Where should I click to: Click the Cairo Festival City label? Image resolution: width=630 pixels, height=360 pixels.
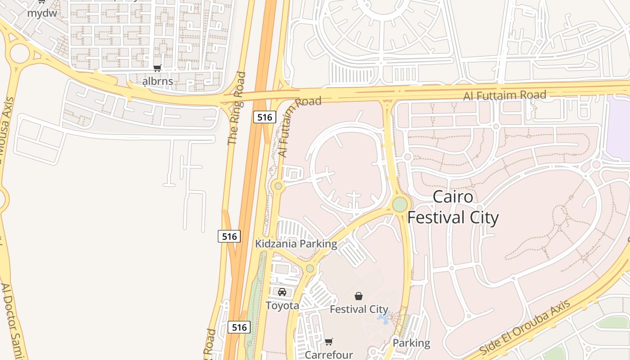point(453,207)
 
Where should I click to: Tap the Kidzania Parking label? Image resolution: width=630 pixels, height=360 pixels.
point(296,244)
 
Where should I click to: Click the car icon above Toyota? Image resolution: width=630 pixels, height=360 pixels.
point(282,292)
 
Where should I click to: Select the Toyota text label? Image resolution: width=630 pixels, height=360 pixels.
point(282,306)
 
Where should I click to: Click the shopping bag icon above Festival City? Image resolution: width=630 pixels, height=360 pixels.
point(359,296)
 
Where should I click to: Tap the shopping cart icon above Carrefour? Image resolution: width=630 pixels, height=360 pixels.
point(329,342)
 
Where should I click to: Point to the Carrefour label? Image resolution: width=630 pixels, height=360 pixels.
point(329,355)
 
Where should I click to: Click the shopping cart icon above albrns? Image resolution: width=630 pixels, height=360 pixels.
point(157,68)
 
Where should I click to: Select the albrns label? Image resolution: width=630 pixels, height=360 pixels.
point(157,81)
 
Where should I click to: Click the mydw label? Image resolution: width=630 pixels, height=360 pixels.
point(42,13)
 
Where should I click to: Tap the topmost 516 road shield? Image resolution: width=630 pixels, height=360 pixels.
point(264,117)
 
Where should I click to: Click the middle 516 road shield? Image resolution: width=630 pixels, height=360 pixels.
point(229,236)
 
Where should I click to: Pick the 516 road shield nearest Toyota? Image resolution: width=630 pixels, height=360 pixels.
point(239,327)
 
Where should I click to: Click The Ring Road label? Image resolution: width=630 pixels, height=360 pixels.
point(237,108)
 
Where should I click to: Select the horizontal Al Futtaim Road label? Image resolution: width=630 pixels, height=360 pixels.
point(505,95)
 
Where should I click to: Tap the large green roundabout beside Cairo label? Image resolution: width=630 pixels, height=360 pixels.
point(400,204)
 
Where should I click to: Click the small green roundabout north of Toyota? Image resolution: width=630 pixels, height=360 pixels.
point(310,269)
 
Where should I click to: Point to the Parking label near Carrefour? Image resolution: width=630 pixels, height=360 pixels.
point(411,343)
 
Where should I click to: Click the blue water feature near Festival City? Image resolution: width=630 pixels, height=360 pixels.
point(383,318)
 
